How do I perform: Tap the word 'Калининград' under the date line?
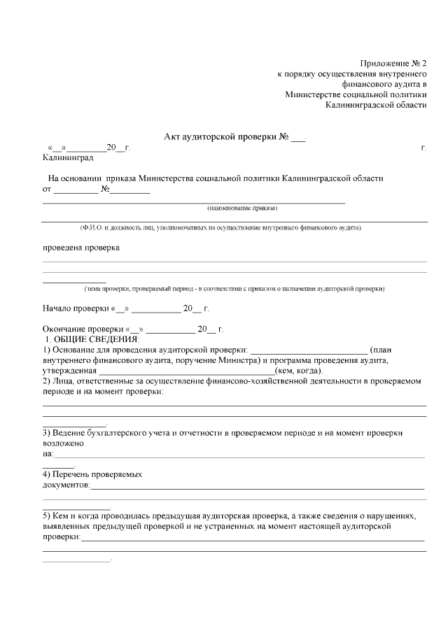[68, 157]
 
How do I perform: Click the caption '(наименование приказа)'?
[242, 208]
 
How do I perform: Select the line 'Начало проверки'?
[126, 308]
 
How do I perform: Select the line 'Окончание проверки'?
[133, 329]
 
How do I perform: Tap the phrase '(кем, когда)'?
[300, 371]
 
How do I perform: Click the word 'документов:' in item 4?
[66, 484]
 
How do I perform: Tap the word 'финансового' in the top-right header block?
[381, 84]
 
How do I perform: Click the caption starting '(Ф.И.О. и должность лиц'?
[220, 228]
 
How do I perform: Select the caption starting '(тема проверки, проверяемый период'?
[234, 288]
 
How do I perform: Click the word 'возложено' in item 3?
[64, 443]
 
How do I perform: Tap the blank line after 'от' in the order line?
[76, 189]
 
